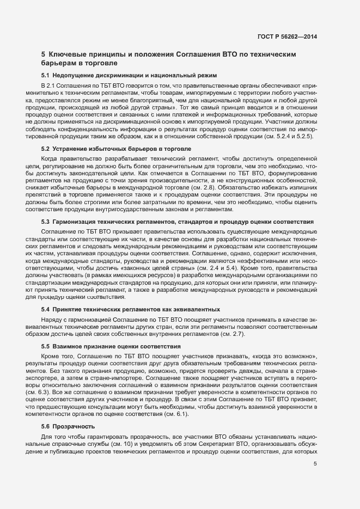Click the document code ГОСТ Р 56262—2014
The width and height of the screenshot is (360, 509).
287,36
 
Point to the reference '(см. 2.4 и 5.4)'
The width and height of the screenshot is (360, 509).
217,268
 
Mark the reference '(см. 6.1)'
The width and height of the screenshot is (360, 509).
174,414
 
